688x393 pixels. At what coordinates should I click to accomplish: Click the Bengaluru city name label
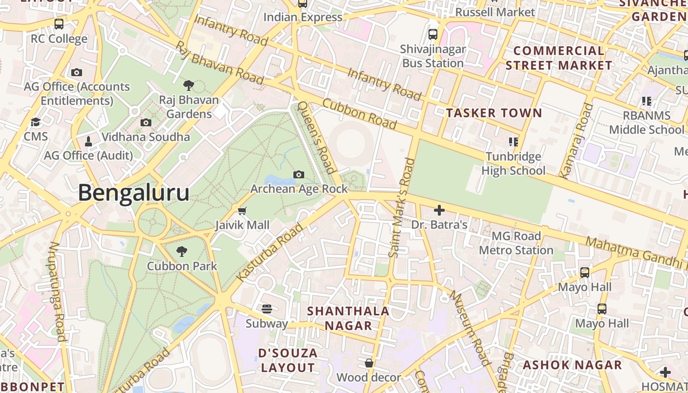click(134, 193)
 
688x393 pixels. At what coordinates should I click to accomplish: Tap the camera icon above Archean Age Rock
click(298, 174)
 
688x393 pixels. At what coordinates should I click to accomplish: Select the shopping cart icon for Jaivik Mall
click(242, 211)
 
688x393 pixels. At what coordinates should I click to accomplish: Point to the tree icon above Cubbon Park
click(182, 252)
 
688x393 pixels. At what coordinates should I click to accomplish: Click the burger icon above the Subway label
click(267, 309)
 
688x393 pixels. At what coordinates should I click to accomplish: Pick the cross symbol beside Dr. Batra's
click(439, 211)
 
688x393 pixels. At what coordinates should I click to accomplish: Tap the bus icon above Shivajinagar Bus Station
click(432, 34)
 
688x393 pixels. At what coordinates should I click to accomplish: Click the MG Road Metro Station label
click(516, 243)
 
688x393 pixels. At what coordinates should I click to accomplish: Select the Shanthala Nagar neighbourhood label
click(348, 318)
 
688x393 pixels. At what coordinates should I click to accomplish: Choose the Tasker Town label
click(494, 113)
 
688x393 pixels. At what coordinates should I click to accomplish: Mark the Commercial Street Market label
click(559, 58)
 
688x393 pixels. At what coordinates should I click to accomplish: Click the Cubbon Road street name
click(359, 113)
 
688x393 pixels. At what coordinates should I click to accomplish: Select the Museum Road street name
click(470, 328)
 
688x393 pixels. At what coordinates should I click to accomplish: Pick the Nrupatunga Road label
click(57, 291)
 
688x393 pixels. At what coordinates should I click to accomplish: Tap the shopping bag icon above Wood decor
click(369, 363)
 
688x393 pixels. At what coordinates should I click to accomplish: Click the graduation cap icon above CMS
click(35, 122)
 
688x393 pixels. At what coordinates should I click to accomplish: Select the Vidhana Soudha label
click(145, 137)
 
